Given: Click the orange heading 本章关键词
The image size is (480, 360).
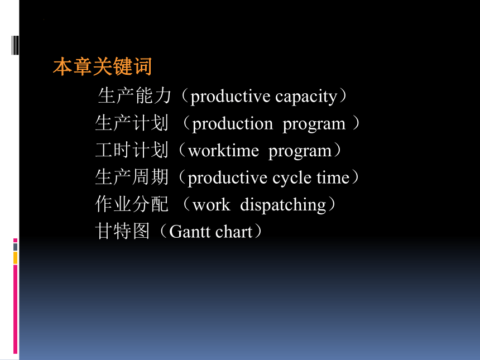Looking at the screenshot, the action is (102, 66).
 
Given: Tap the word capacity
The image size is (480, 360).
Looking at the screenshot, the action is (306, 97).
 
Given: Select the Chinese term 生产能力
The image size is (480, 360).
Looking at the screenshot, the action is (134, 95).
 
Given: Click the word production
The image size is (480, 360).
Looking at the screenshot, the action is (232, 124).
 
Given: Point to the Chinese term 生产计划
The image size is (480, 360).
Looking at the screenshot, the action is (132, 123).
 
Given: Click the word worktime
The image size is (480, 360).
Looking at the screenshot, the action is (223, 151).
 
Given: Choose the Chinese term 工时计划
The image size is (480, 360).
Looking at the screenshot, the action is (132, 150).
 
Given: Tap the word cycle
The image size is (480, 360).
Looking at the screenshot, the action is (292, 179).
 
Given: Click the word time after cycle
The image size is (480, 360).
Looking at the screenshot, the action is (333, 177).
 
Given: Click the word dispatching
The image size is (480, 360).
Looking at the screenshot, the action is (283, 205).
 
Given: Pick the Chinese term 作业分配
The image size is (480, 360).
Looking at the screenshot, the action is (132, 204).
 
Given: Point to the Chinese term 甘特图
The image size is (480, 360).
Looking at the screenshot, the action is (122, 231).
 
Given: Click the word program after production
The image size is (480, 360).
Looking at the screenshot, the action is (314, 124).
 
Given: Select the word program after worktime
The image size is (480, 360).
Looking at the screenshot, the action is (300, 151).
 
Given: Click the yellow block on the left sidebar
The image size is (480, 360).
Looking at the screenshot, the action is (15, 258).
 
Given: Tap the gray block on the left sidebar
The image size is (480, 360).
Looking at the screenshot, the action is (15, 247).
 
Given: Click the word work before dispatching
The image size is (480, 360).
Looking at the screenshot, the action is (211, 205).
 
